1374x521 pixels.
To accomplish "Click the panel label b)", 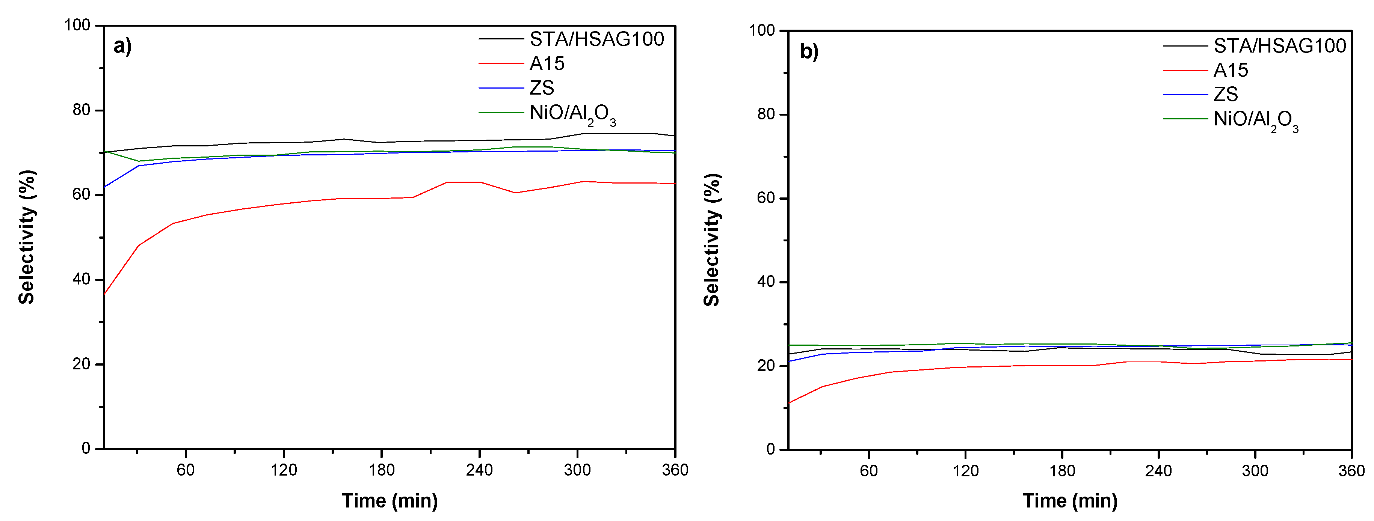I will pyautogui.click(x=809, y=52).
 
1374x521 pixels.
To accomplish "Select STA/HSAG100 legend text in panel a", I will pyautogui.click(x=596, y=39).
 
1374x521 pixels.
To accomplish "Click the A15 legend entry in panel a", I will pyautogui.click(x=547, y=64).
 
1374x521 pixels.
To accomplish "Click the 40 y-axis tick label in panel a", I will pyautogui.click(x=81, y=279).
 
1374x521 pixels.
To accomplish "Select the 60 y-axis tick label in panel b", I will pyautogui.click(x=766, y=198).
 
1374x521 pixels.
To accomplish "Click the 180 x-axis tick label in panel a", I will pyautogui.click(x=381, y=470).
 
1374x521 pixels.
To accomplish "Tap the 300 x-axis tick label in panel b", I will pyautogui.click(x=1255, y=471).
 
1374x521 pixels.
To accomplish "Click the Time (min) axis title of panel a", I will pyautogui.click(x=390, y=501).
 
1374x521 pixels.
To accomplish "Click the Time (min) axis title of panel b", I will pyautogui.click(x=1070, y=501).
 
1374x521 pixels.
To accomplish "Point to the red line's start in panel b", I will pyautogui.click(x=789, y=403).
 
